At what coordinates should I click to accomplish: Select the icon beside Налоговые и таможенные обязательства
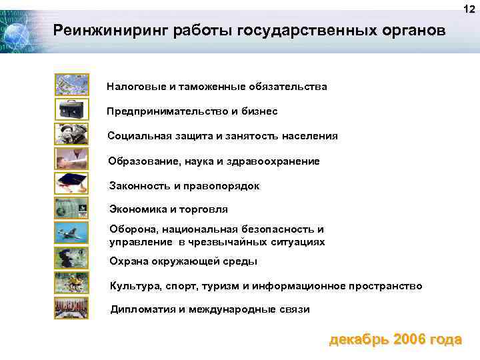click(71, 85)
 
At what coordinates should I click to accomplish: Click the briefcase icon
click(71, 109)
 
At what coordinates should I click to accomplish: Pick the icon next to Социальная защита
click(71, 134)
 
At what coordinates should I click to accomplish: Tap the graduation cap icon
click(71, 183)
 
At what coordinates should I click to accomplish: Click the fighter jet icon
click(71, 233)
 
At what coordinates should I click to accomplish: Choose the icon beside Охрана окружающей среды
click(71, 258)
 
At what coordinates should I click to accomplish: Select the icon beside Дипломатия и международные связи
click(71, 308)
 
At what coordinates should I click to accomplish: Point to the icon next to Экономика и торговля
click(71, 209)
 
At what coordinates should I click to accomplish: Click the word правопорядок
click(225, 186)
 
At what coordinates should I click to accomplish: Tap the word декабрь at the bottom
click(359, 339)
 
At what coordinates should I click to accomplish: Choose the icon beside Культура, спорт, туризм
click(71, 283)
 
